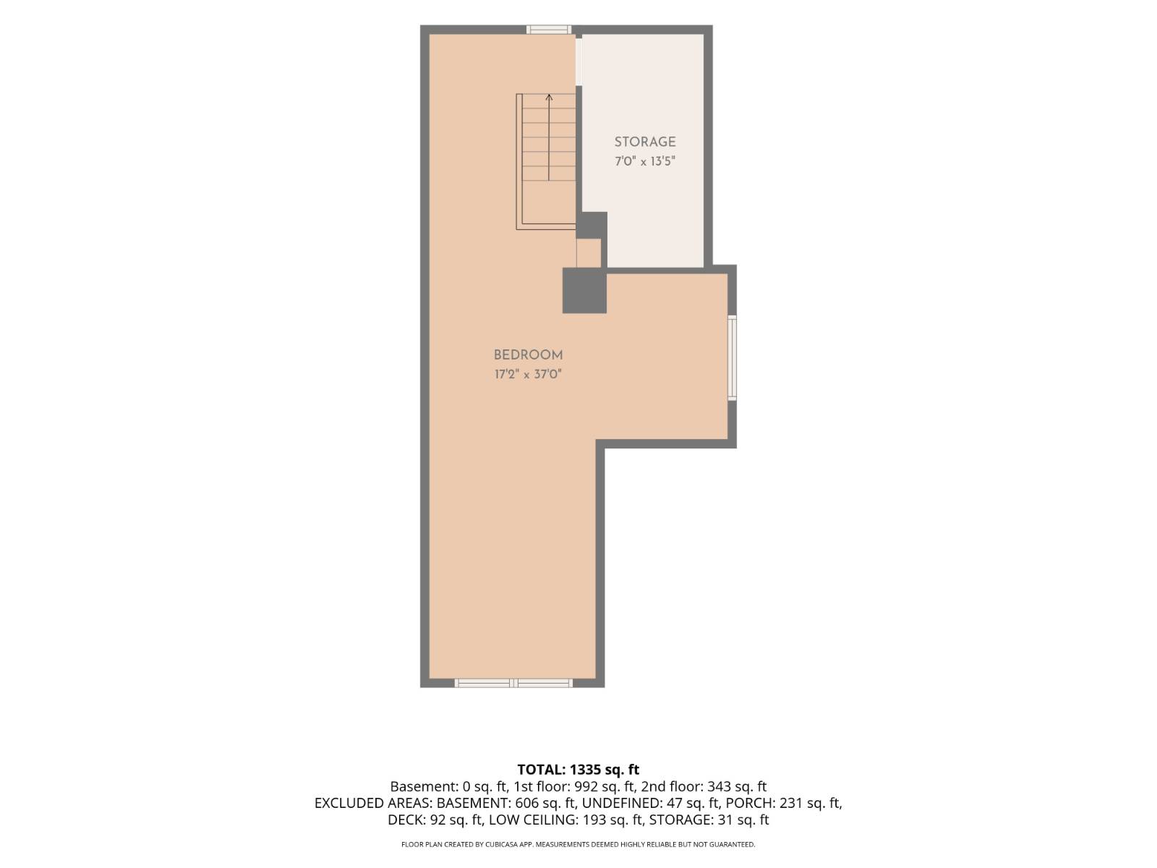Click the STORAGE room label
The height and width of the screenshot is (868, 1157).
[644, 142]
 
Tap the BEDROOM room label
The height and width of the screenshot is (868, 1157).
[528, 355]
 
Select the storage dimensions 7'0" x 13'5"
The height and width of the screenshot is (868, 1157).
[644, 161]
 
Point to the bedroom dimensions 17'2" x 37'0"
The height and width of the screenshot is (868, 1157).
[528, 375]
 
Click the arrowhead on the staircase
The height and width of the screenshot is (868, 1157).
[549, 97]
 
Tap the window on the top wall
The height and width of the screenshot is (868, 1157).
[549, 30]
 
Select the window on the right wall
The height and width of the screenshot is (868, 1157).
[732, 357]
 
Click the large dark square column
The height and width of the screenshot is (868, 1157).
[584, 290]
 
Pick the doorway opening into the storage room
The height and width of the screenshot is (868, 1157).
[578, 61]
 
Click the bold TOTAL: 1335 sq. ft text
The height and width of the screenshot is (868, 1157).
[578, 770]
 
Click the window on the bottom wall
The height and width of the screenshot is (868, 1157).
[513, 684]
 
